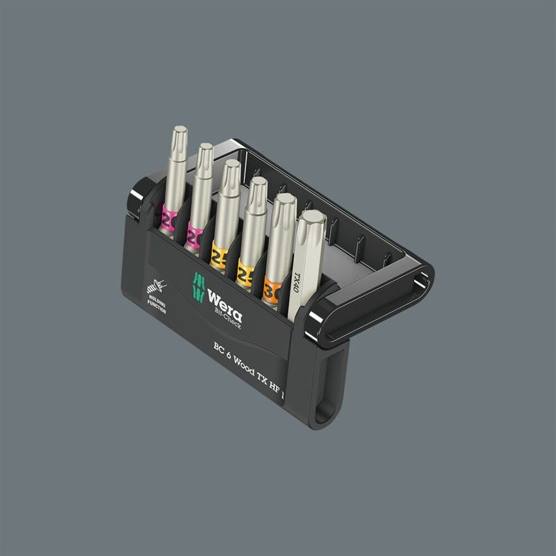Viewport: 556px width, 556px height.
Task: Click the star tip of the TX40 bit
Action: click(x=311, y=222)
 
